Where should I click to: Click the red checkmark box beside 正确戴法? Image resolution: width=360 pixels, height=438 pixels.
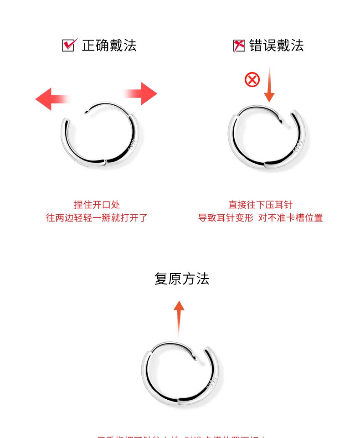68,45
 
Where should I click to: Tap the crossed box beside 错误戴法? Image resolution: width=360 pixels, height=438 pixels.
239,45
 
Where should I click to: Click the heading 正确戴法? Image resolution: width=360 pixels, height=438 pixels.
109,45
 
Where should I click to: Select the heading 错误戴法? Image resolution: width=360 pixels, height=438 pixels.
276,45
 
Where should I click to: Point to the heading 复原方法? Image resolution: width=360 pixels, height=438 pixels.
182,278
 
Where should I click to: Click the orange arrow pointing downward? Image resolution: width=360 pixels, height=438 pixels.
269,84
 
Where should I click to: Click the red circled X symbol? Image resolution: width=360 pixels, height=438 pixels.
252,80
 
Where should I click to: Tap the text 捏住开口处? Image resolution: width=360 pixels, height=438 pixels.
97,205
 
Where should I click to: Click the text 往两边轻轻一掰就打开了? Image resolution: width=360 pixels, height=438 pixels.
97,218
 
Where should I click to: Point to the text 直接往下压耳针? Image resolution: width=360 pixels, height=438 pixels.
260,205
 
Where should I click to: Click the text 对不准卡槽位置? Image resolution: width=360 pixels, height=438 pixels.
290,218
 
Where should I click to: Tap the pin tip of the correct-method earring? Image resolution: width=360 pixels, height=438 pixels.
87,112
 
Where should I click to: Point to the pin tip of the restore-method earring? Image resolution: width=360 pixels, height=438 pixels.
196,359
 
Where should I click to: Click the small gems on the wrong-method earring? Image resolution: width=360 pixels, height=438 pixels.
298,147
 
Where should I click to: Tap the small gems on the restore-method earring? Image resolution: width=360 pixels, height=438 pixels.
212,382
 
